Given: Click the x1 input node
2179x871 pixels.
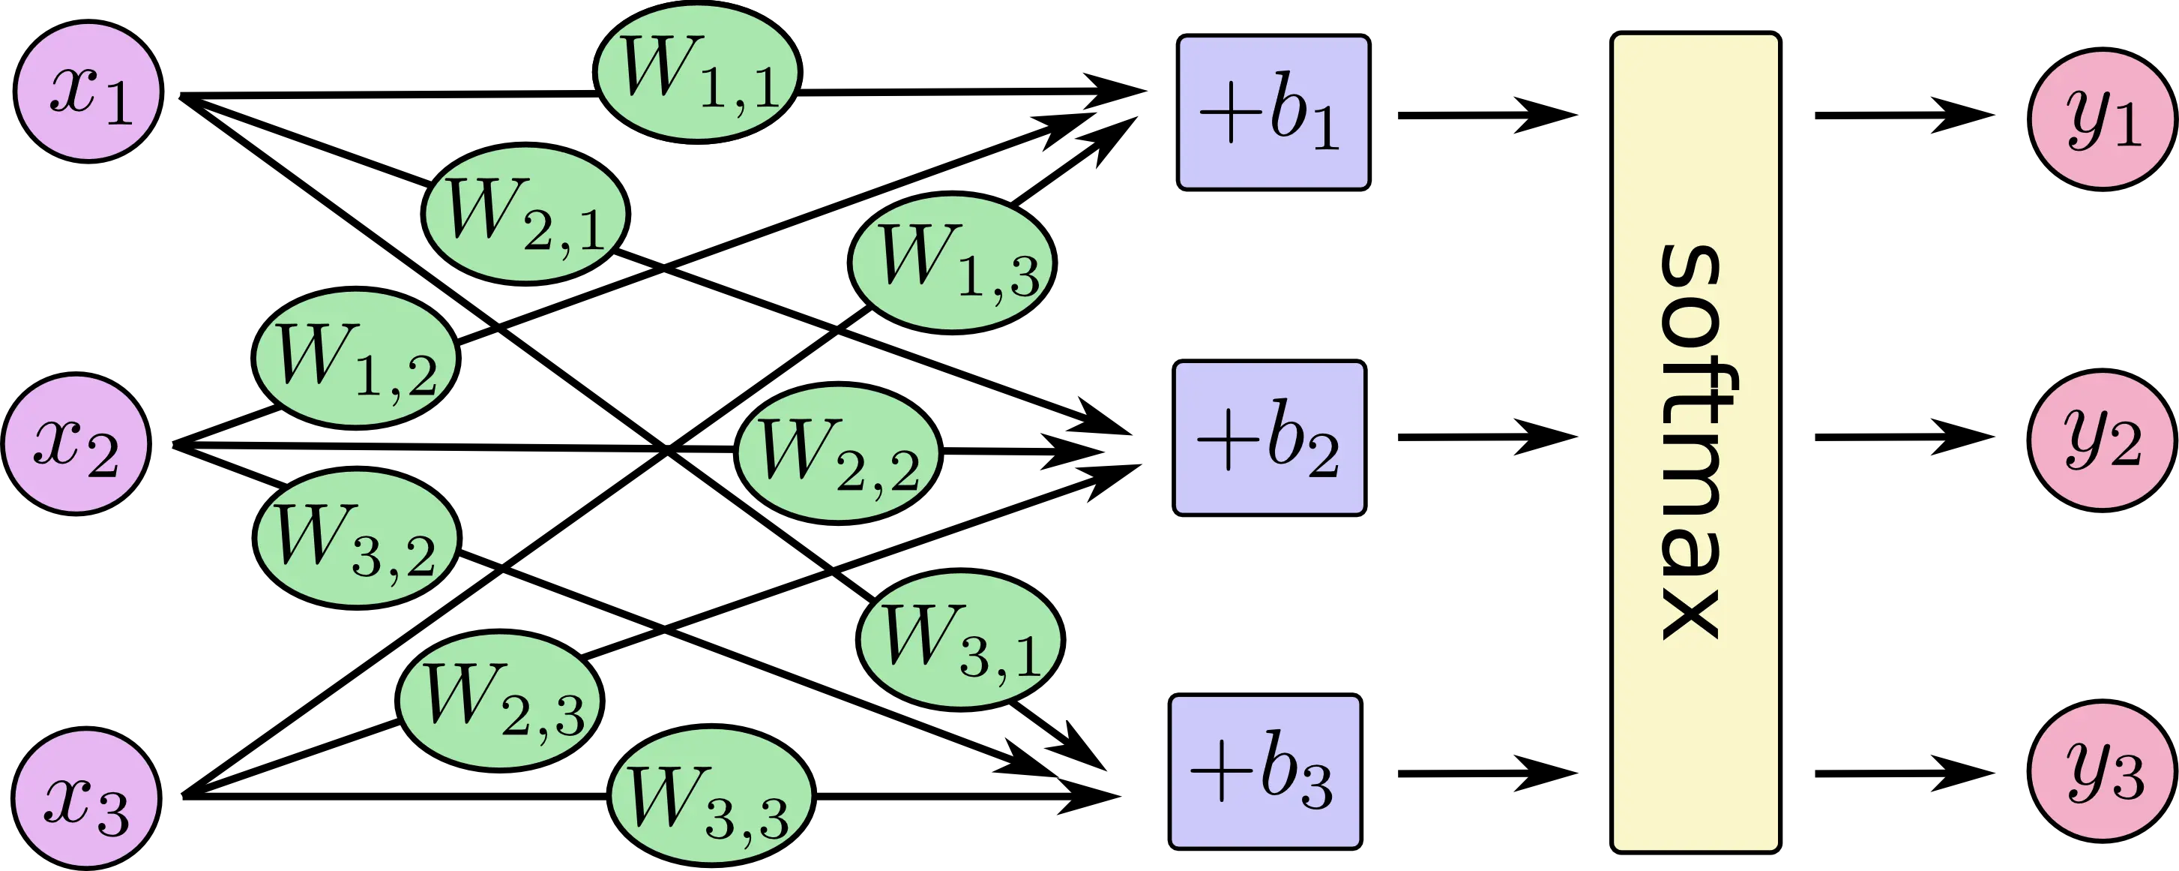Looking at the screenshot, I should point(88,93).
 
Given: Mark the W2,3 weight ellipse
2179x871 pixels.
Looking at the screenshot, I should point(501,699).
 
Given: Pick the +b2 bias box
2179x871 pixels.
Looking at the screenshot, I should point(1269,437).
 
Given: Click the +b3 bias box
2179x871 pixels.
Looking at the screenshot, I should point(1265,772).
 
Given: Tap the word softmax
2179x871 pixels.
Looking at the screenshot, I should point(1694,442).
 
